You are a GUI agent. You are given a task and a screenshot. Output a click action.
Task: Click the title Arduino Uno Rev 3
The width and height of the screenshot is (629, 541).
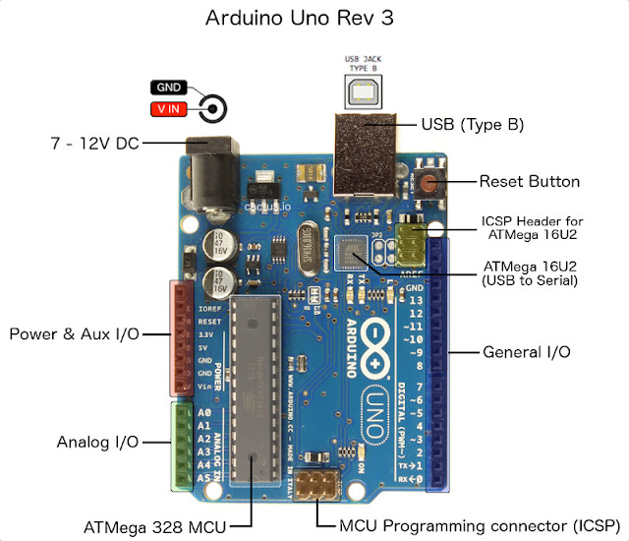[x=314, y=19]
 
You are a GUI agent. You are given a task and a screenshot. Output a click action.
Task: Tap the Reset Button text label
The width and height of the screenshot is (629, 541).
[x=529, y=181]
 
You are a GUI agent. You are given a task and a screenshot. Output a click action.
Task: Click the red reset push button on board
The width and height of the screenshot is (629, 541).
[x=429, y=182]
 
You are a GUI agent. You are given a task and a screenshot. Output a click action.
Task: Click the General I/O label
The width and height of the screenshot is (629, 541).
[x=526, y=351]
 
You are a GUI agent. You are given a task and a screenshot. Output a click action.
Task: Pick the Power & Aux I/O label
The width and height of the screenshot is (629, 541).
[x=74, y=333]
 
